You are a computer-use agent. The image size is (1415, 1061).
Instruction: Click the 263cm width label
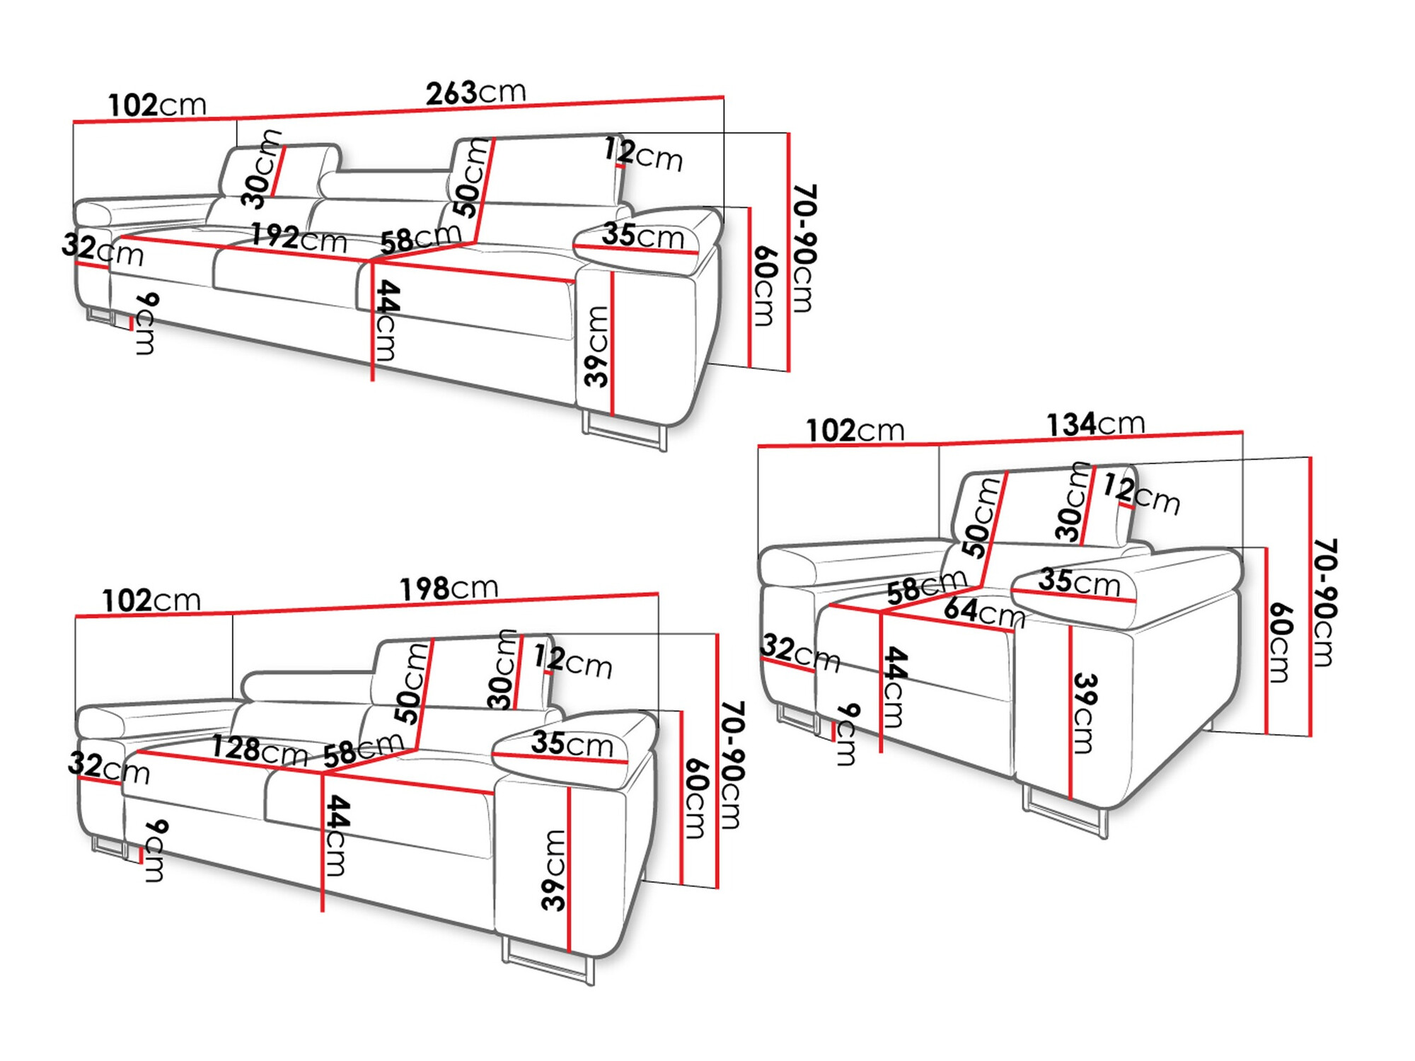475,93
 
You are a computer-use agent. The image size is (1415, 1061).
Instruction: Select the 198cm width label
449,589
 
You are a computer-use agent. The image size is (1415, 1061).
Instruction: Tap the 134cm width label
1095,424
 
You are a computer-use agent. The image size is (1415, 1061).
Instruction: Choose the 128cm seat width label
260,750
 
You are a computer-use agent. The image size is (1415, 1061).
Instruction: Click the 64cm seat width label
983,611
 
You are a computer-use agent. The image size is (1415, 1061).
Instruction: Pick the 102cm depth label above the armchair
855,430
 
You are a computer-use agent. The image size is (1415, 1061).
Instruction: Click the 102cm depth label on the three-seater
156,105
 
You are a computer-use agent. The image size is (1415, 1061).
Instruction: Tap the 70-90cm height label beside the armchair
1324,602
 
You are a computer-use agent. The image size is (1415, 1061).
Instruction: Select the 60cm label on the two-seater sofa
696,799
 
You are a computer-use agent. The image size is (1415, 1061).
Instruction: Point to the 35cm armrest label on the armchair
1079,581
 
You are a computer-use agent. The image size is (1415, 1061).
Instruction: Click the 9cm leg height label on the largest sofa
145,323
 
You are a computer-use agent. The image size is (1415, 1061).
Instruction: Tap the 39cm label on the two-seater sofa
554,869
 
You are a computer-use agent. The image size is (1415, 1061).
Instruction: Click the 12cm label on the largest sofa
642,155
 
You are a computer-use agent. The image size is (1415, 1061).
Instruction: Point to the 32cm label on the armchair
799,652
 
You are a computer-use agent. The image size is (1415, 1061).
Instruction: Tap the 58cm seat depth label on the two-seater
362,750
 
